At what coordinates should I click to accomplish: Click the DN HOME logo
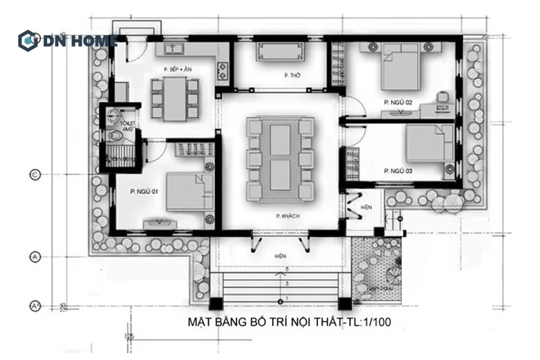[67, 40]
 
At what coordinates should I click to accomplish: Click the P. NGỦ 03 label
[398, 171]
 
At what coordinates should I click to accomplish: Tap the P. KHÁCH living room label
[288, 216]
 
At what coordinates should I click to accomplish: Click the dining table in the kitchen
[175, 97]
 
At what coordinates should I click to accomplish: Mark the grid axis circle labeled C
[35, 176]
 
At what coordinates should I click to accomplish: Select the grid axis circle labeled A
[35, 257]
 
